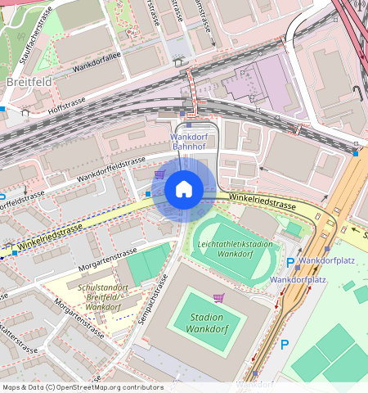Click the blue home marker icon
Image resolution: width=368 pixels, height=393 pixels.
184,190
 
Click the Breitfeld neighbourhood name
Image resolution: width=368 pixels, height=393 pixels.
29,83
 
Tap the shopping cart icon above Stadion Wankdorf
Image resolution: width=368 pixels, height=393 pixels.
218,297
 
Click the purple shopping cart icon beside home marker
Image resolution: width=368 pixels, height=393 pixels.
159,174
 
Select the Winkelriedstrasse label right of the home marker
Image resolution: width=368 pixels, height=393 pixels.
262,199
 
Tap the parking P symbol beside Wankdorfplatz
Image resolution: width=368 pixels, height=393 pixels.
290,262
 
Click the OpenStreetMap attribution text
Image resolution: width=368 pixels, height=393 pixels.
82,387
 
